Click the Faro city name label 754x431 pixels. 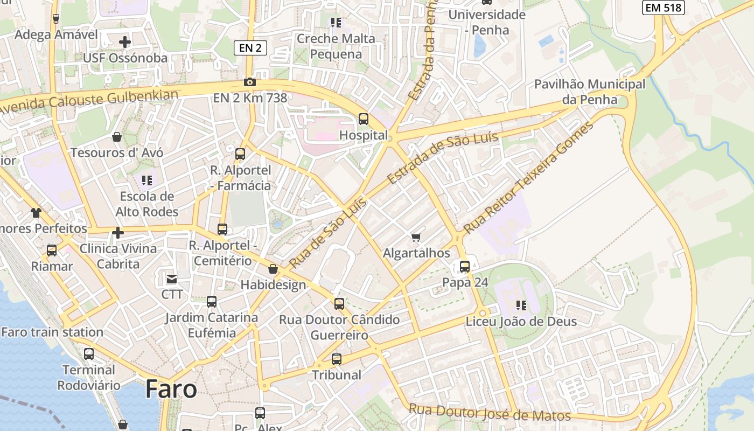tap(171, 389)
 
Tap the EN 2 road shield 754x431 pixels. tap(250, 48)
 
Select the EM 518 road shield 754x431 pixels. tap(663, 7)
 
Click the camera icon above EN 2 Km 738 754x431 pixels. tap(250, 82)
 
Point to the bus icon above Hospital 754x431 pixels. tap(364, 119)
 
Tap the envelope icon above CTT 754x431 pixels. tap(172, 279)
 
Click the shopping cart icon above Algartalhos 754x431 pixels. tap(416, 237)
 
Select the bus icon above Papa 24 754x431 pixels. tap(464, 266)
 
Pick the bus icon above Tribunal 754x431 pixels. tap(337, 359)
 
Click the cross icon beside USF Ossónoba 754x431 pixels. tap(125, 41)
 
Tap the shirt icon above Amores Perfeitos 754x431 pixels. tap(36, 213)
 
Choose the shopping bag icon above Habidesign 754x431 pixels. tap(273, 269)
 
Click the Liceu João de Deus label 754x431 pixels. tap(521, 322)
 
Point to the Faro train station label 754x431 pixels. tap(52, 332)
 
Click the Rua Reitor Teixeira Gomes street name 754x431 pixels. tap(528, 177)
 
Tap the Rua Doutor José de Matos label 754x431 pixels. tap(490, 413)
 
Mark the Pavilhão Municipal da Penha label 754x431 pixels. tap(589, 92)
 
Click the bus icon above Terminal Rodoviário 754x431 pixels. tap(89, 354)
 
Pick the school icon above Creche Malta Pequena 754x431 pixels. tap(336, 23)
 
